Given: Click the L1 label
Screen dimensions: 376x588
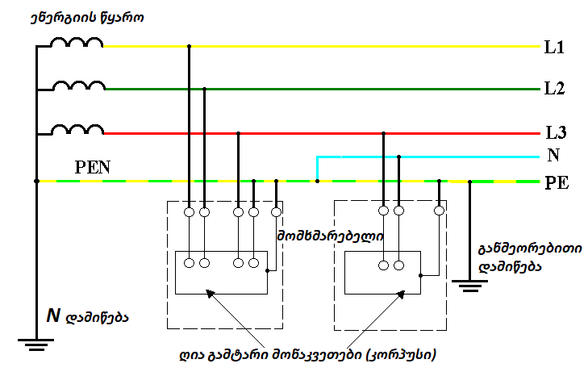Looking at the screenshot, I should point(553,48).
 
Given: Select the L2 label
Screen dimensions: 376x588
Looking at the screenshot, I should point(553,89).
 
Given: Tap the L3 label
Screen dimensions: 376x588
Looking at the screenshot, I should point(553,132).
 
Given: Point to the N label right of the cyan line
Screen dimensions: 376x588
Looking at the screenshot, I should point(553,155).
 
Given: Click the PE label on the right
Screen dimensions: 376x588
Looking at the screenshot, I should point(556,182).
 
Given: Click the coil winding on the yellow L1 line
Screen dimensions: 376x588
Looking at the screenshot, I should point(77,44).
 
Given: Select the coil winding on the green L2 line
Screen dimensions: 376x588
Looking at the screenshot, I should point(77,86).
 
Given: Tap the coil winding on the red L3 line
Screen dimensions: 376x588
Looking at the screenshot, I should point(77,129).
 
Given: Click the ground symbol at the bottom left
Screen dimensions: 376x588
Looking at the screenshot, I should point(35,346).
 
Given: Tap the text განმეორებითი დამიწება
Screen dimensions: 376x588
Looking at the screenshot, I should point(514,256).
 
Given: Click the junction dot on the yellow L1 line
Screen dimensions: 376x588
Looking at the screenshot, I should point(189,47).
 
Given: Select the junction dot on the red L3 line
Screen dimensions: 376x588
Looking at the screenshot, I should point(238,134).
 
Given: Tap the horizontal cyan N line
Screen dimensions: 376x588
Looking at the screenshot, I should point(427,156).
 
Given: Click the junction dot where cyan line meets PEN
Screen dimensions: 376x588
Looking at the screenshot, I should point(318,182).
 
